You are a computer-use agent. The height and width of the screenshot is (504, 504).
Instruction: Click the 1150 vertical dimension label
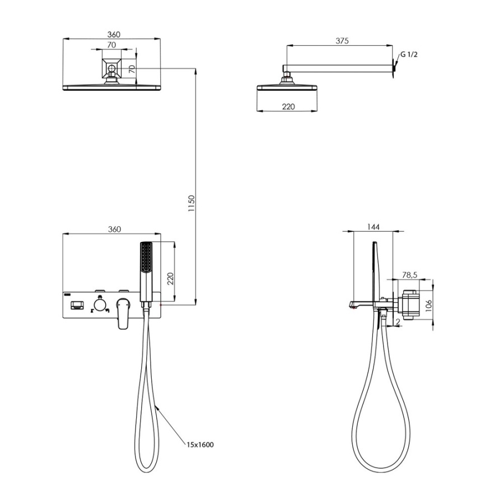pos(192,203)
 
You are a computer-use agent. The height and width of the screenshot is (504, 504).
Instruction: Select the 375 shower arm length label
pos(342,41)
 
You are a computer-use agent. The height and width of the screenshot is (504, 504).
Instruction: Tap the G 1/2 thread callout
pos(409,54)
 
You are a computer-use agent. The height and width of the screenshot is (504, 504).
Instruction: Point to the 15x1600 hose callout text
pos(200,445)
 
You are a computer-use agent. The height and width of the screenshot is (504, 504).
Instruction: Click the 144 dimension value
pos(373,227)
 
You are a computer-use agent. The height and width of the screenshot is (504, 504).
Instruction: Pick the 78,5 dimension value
pos(409,275)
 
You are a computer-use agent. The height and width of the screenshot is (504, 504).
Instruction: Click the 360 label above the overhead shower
pos(114,34)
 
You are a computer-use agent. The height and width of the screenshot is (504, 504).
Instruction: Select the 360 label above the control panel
pos(114,229)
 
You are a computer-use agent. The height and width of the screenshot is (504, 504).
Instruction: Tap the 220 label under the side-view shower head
pos(288,107)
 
